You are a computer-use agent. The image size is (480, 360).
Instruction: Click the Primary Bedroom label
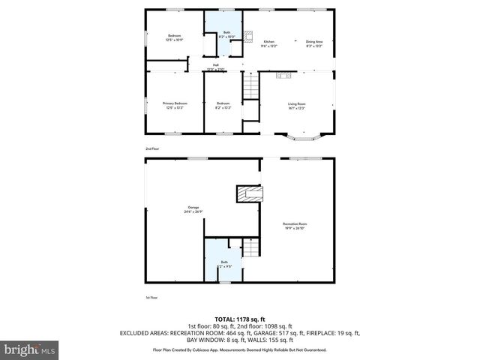[175, 105]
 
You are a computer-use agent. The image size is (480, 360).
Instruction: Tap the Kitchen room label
[268, 43]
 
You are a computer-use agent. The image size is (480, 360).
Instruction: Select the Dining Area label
[313, 43]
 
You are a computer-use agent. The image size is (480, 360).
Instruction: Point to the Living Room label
[297, 105]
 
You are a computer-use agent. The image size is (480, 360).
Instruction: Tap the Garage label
[193, 209]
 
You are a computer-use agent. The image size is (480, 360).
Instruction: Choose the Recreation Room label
[295, 225]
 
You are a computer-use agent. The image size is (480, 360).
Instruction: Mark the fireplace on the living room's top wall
[283, 75]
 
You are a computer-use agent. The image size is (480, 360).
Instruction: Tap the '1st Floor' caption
[151, 298]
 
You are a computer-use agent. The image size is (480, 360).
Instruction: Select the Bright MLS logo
[29, 349]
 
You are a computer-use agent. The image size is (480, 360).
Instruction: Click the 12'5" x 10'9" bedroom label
[175, 37]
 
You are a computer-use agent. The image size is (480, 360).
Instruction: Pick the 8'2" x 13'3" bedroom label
[223, 105]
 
